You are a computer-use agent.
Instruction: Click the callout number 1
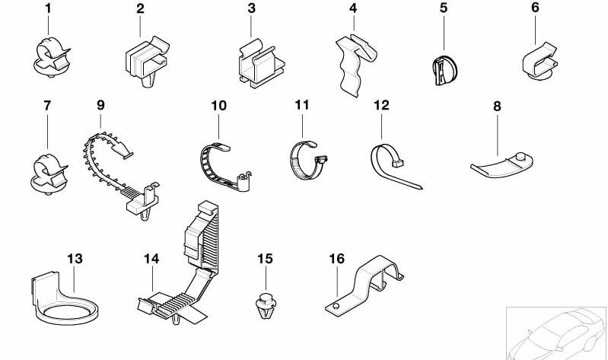click(48, 9)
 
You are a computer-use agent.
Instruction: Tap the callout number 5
click(444, 9)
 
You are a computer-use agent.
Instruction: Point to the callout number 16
click(336, 258)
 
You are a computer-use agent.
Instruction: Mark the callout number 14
click(151, 260)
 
